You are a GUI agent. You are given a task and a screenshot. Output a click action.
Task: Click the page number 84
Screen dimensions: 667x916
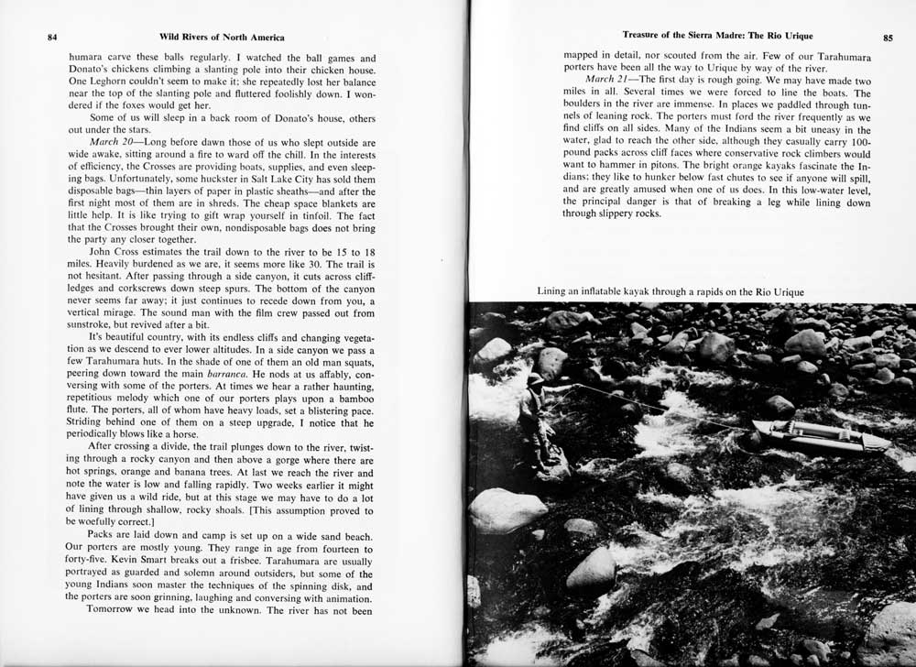52,38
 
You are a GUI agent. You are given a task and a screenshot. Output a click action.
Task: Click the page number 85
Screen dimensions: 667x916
888,38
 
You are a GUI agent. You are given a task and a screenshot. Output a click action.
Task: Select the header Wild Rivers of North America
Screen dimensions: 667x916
222,38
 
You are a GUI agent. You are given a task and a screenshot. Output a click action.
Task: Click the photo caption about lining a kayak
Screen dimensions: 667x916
671,292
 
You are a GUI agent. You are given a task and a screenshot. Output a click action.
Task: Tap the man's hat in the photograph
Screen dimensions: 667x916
535,378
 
